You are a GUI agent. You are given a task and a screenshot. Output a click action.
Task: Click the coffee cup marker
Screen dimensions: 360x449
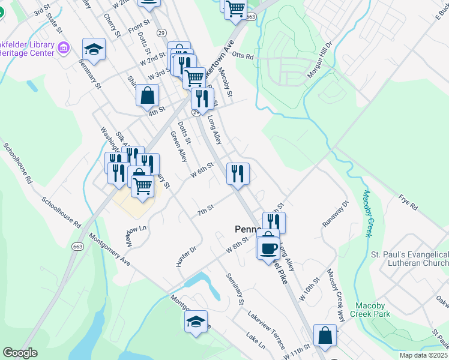coord(268,247)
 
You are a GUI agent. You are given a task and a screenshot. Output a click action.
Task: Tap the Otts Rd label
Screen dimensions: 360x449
coord(243,56)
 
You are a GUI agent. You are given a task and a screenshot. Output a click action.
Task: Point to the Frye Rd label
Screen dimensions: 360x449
coord(408,202)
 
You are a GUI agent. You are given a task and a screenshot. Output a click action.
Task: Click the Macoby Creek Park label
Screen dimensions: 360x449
coord(373,310)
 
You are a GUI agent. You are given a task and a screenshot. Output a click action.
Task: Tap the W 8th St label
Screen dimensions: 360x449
coord(237,245)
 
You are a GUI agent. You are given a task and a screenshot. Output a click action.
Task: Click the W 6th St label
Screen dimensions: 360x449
coord(202,170)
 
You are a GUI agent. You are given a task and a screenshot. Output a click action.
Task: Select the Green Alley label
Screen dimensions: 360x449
coord(179,148)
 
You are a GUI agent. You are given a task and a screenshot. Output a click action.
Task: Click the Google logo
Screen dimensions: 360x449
coord(20,353)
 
